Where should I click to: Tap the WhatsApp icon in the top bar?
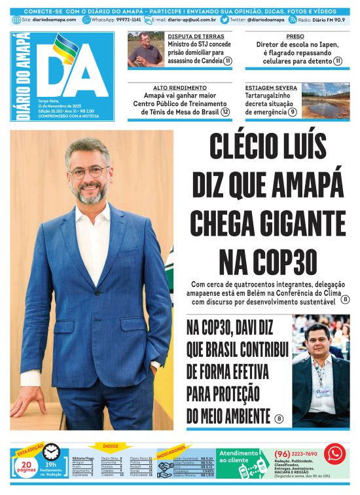[86, 20]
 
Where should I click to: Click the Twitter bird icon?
[225, 20]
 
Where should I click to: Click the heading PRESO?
[295, 37]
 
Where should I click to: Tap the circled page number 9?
[292, 112]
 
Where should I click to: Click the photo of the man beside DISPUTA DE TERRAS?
[145, 50]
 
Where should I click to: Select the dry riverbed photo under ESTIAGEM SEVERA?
[325, 98]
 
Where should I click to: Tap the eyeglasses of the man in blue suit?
[88, 172]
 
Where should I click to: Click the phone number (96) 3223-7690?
[296, 454]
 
